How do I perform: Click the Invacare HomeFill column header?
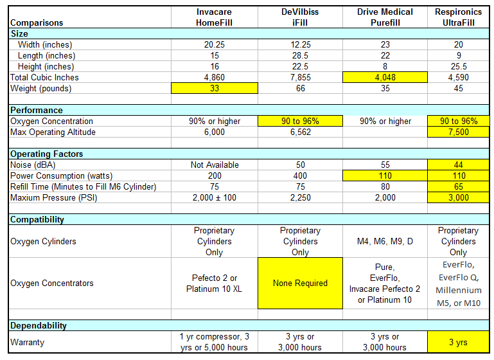[x=214, y=17]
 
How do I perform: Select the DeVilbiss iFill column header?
[x=300, y=17]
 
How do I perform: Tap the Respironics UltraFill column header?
[x=459, y=17]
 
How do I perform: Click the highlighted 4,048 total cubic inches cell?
[x=385, y=77]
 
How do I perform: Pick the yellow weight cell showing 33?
[x=214, y=88]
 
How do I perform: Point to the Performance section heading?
[x=37, y=110]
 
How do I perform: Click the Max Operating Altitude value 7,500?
[x=459, y=132]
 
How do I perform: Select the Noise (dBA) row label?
[x=33, y=165]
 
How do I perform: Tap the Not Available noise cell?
[x=215, y=165]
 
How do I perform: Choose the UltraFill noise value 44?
[x=459, y=165]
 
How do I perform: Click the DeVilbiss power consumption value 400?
[x=300, y=176]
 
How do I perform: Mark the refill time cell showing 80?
[x=385, y=186]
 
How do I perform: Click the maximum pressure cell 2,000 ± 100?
[x=215, y=197]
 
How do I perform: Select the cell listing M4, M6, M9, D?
[x=385, y=242]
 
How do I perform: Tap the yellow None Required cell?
[x=300, y=283]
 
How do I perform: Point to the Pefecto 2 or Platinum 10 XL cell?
[x=214, y=283]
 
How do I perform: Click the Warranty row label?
[x=27, y=343]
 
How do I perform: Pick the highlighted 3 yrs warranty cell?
[x=459, y=342]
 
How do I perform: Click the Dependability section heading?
[x=38, y=325]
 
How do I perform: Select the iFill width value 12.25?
[x=300, y=45]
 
